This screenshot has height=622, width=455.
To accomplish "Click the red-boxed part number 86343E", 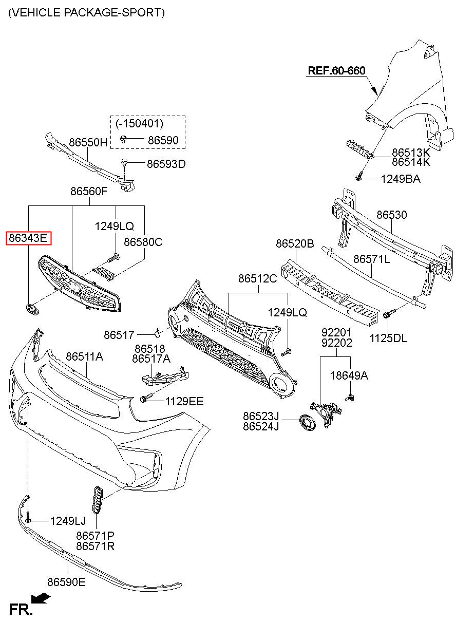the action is click(x=29, y=238).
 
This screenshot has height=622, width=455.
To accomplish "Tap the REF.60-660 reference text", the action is click(x=336, y=70).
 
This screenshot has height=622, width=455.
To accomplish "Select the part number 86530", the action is click(x=391, y=215).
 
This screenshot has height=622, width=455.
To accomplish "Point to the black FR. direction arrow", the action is click(x=41, y=598).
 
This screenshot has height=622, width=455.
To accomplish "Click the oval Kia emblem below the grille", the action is click(x=32, y=309).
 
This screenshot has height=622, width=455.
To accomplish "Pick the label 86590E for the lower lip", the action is click(x=66, y=582).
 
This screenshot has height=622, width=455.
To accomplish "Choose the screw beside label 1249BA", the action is click(x=359, y=176).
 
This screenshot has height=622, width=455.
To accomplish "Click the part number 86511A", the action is click(x=84, y=356).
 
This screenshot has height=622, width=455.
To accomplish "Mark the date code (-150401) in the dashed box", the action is click(x=139, y=124).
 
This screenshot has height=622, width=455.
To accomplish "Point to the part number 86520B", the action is click(x=295, y=243).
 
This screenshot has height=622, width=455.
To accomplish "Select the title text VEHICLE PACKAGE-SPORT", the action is click(x=86, y=12).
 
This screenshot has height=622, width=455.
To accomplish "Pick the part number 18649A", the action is click(x=349, y=375).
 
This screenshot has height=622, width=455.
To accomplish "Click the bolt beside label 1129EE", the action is click(x=145, y=399).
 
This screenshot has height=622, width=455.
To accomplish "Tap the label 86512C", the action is click(x=258, y=278).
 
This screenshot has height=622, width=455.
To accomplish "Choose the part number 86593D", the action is click(x=166, y=164).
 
